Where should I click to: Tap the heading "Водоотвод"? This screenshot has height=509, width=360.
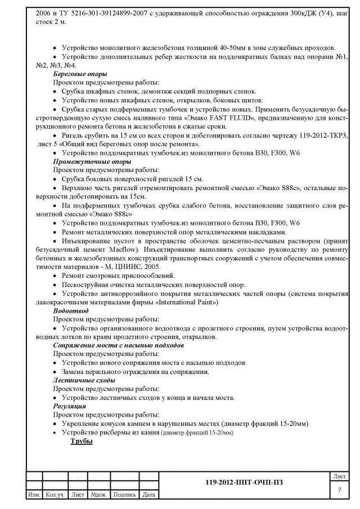69,310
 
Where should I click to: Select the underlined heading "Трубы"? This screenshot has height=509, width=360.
81,442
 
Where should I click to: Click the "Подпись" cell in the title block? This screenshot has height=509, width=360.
124,494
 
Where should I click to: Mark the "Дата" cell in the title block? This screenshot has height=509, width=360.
148,494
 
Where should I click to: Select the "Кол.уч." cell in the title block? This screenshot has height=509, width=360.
56,494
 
